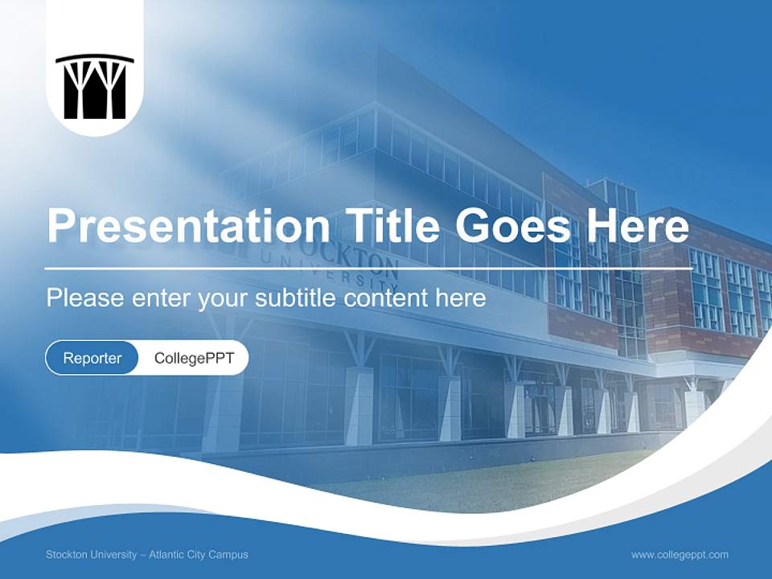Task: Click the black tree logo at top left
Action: point(95,86)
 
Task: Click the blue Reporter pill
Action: point(92,358)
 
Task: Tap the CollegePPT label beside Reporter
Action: point(194,358)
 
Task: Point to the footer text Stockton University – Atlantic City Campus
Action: point(147,555)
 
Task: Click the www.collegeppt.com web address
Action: point(680,555)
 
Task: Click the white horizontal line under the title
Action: point(368,269)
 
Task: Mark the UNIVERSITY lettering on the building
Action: point(354,277)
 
